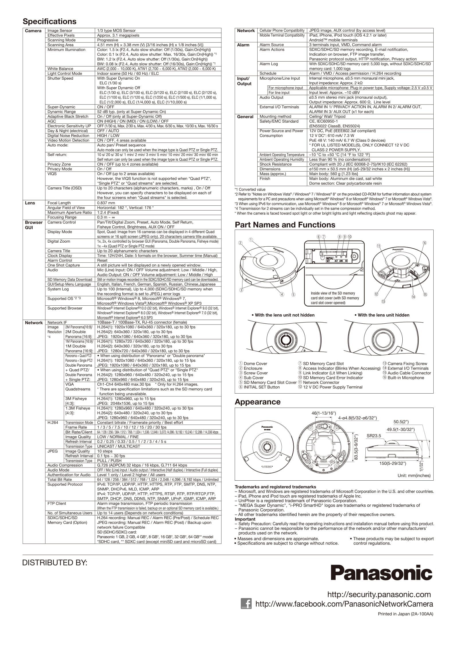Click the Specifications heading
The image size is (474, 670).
(50, 21)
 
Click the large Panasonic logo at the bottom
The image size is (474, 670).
(381, 573)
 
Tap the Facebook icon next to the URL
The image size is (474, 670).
(246, 604)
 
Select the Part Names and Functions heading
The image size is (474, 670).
(285, 225)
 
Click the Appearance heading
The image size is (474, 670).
(257, 402)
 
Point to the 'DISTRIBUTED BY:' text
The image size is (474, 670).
(55, 563)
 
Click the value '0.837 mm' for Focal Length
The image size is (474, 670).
(106, 203)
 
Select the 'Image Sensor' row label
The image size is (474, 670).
(60, 31)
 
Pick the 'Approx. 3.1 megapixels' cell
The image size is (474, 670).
(118, 35)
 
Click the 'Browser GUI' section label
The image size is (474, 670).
(34, 225)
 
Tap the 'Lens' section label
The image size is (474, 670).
(30, 203)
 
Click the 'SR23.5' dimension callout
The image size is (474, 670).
(374, 436)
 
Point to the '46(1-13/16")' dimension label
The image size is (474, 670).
(324, 413)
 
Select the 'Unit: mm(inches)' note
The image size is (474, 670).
(414, 476)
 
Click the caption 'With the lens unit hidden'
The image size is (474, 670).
(382, 315)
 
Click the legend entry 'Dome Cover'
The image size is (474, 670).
(253, 364)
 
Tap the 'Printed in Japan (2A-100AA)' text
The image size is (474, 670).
(406, 614)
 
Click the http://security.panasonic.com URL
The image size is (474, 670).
(379, 594)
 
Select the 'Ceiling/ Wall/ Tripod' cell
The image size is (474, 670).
(327, 117)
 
